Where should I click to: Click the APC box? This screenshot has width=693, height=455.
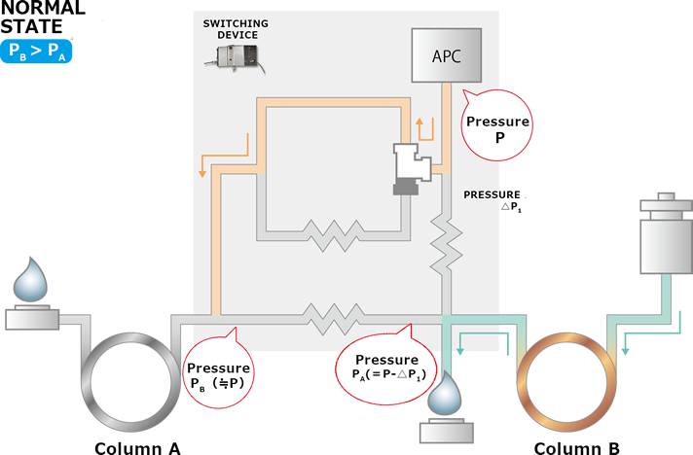pos(446,54)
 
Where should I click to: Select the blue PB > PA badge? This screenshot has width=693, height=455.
pos(40,52)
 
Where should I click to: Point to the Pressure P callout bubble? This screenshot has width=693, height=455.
pos(498,129)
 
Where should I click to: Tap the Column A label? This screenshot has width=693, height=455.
pos(137,448)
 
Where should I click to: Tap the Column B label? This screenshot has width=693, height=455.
pos(576,448)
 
